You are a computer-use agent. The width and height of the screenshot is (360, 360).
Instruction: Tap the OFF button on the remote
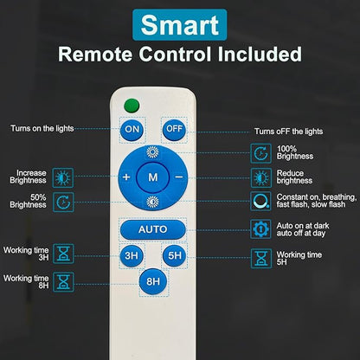coord(175,129)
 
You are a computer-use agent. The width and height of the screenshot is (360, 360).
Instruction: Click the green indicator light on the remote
coord(132,106)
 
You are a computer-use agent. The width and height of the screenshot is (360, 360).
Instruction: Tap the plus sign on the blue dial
coord(126,177)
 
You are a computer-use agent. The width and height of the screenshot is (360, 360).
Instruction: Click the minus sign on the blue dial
coord(179,177)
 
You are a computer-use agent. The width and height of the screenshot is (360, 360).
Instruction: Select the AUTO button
coord(152,229)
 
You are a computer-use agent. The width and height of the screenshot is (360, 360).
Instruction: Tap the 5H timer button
coord(175,256)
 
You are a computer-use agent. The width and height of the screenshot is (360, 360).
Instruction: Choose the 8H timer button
coord(153,281)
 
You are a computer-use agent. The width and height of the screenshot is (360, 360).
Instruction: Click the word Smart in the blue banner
coord(180,25)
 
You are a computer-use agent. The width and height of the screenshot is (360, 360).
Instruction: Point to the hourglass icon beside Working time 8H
coord(63,282)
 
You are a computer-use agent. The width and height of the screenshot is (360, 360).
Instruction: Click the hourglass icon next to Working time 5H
coord(261,259)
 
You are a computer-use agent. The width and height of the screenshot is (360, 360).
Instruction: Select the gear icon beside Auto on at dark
coord(260,229)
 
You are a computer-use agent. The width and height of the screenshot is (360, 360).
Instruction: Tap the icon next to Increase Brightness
coord(63,177)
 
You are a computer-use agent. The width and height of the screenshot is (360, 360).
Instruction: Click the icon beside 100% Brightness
coord(260,153)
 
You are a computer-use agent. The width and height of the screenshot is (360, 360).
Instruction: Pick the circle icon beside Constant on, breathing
coord(260,201)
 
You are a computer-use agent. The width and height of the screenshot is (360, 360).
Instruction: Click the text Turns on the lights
coord(42,128)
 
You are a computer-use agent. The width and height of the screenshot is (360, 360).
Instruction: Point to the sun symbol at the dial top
coord(152,152)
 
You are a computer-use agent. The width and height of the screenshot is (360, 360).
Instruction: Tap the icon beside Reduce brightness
coord(261,177)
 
